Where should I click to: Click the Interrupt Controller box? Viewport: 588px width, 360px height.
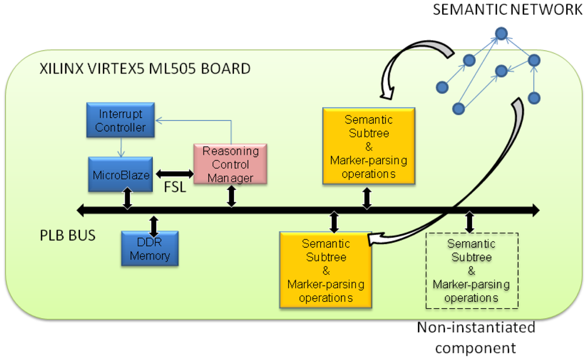[121, 120]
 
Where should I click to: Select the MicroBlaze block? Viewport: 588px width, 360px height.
[121, 174]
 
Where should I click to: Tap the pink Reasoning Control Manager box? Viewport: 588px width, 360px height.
[230, 165]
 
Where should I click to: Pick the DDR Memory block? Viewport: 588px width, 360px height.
[149, 248]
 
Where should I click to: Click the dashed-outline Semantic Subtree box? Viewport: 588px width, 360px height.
[472, 271]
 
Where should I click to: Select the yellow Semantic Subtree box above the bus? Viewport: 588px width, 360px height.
[369, 146]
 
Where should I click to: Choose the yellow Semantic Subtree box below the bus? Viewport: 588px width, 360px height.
[326, 270]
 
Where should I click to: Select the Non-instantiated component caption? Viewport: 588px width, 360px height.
[476, 336]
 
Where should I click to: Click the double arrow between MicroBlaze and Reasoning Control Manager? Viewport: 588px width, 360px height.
[173, 174]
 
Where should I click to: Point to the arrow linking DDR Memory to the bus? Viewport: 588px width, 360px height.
[154, 224]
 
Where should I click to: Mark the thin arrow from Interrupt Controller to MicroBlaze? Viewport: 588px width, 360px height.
[121, 146]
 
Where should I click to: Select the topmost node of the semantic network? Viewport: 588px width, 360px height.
[501, 34]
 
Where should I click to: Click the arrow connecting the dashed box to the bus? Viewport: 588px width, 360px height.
[469, 221]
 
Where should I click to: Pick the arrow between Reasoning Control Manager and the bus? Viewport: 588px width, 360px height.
[231, 196]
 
